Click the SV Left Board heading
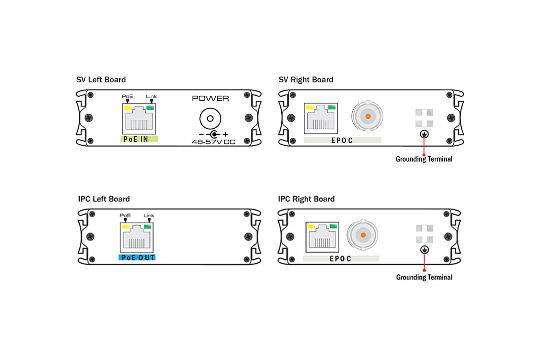[x=101, y=80]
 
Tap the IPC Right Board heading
[x=306, y=199]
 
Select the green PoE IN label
[x=139, y=139]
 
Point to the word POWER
[x=210, y=99]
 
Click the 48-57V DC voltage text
[x=213, y=142]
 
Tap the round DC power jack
[x=210, y=119]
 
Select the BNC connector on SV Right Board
[x=368, y=117]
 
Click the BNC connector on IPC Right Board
[x=362, y=235]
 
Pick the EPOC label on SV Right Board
[x=342, y=140]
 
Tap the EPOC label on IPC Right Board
[x=340, y=259]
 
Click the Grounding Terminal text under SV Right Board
[x=424, y=159]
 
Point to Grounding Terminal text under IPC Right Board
[x=424, y=277]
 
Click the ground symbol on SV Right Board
[x=424, y=134]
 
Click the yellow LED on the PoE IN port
[x=127, y=108]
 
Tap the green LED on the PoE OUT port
[x=149, y=227]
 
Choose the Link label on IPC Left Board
[x=149, y=216]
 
